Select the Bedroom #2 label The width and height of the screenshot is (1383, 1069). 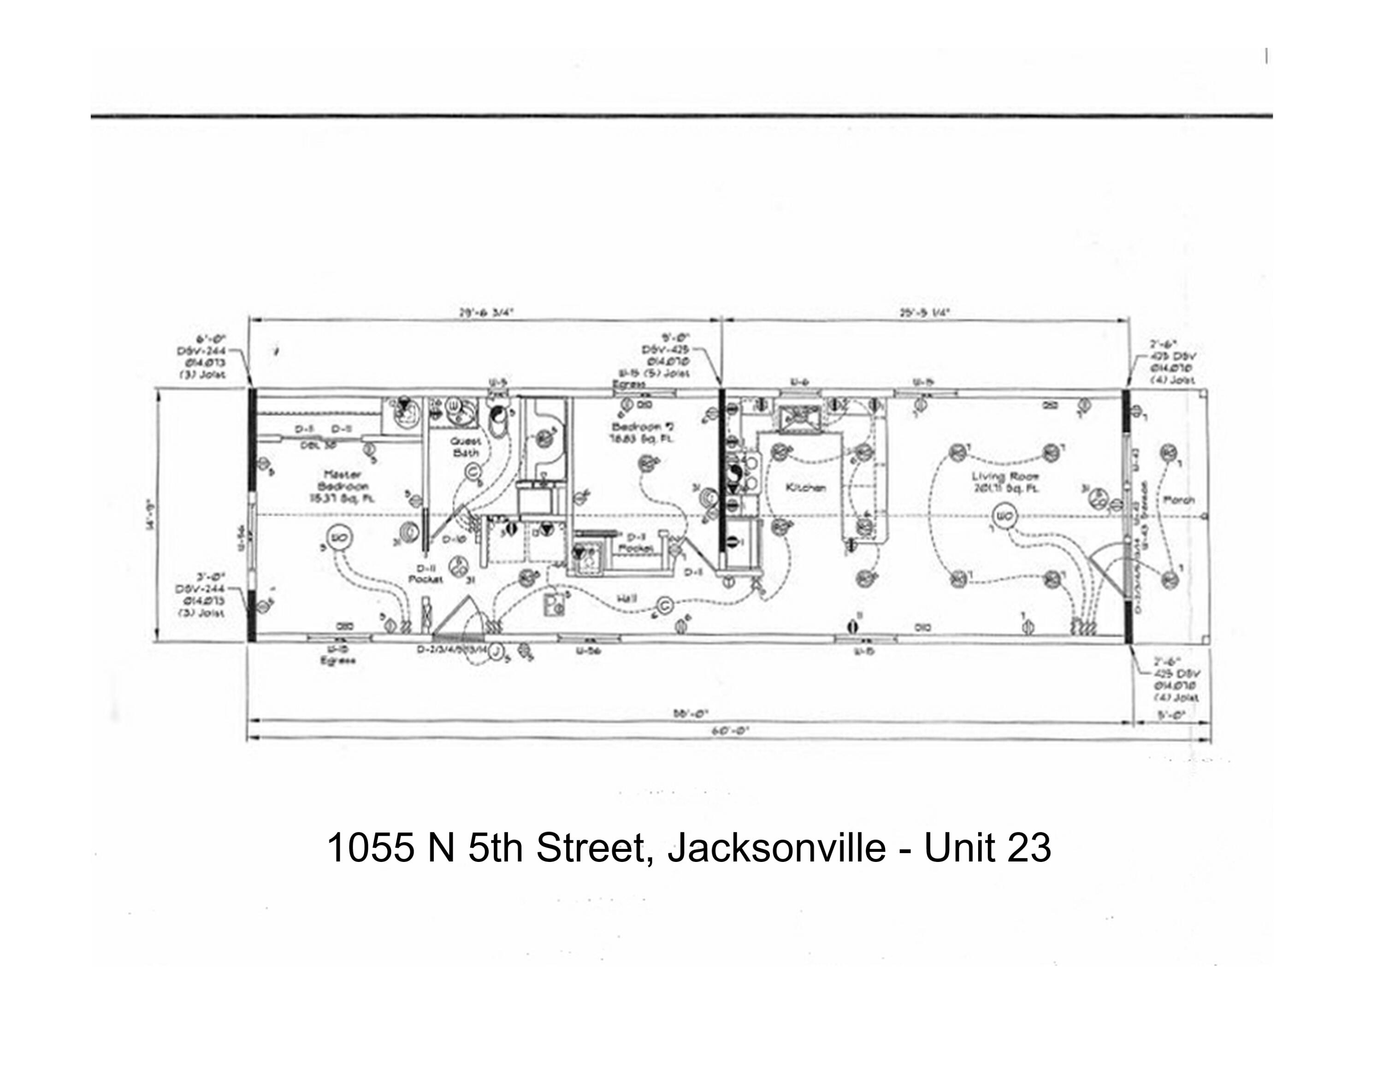643,433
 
